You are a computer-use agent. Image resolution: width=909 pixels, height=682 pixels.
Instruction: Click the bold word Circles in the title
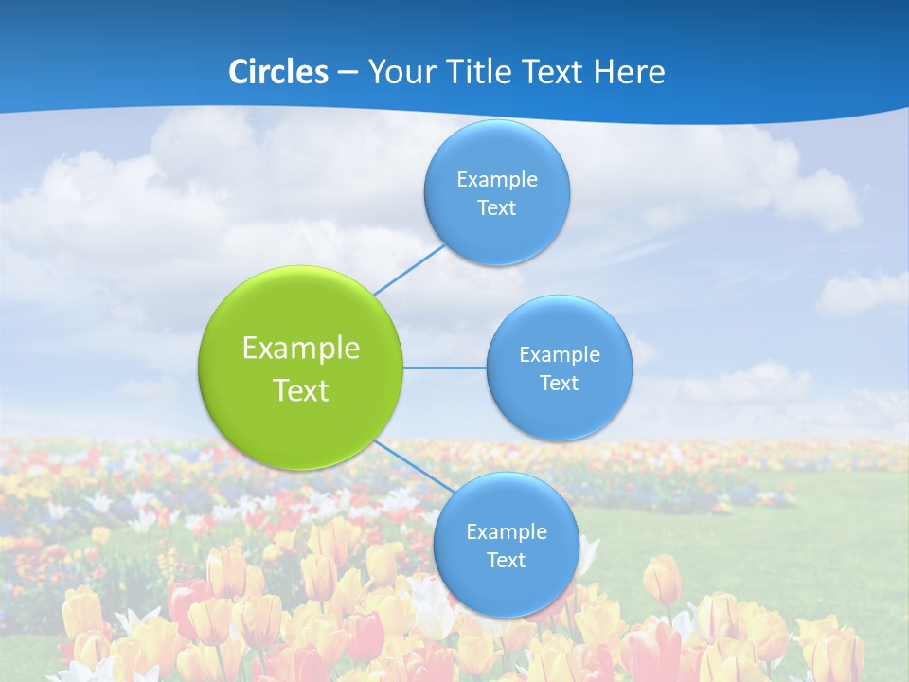(x=277, y=72)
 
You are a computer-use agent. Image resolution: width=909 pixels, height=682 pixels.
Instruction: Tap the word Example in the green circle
(x=301, y=349)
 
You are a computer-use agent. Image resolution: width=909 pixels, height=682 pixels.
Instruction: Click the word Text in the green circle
(x=301, y=390)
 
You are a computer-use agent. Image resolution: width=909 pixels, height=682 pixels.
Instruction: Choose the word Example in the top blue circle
(x=497, y=179)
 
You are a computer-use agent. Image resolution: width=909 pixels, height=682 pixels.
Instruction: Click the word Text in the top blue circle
(x=497, y=207)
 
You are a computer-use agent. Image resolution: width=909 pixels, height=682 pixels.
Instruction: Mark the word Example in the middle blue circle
(x=560, y=354)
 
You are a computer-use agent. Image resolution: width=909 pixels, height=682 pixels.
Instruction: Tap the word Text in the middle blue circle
(x=560, y=383)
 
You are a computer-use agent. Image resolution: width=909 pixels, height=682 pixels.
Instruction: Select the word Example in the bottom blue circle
(x=507, y=531)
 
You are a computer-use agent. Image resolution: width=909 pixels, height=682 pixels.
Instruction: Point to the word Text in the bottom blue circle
(x=507, y=560)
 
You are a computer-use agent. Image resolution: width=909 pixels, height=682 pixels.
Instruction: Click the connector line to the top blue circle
(x=409, y=270)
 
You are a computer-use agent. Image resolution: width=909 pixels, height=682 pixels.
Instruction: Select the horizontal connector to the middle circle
(x=445, y=368)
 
